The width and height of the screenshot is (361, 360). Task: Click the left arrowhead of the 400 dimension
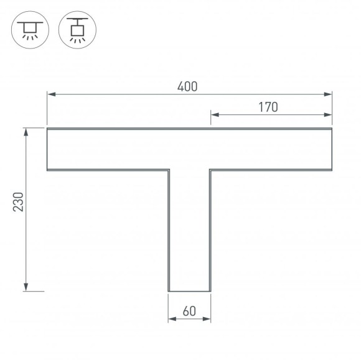[x=50, y=95]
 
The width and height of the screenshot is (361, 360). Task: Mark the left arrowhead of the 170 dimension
[x=213, y=114]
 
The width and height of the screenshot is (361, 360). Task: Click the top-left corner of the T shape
[x=47, y=128]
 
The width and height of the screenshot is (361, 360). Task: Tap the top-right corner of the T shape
[x=332, y=128]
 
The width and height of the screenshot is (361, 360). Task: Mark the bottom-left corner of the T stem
[x=169, y=291]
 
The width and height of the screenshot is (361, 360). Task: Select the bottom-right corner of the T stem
[x=210, y=291]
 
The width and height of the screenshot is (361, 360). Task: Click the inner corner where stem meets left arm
[x=169, y=170]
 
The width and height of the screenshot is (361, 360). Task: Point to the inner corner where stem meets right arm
[x=210, y=170]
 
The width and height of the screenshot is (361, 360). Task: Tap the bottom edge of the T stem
[x=189, y=291]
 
